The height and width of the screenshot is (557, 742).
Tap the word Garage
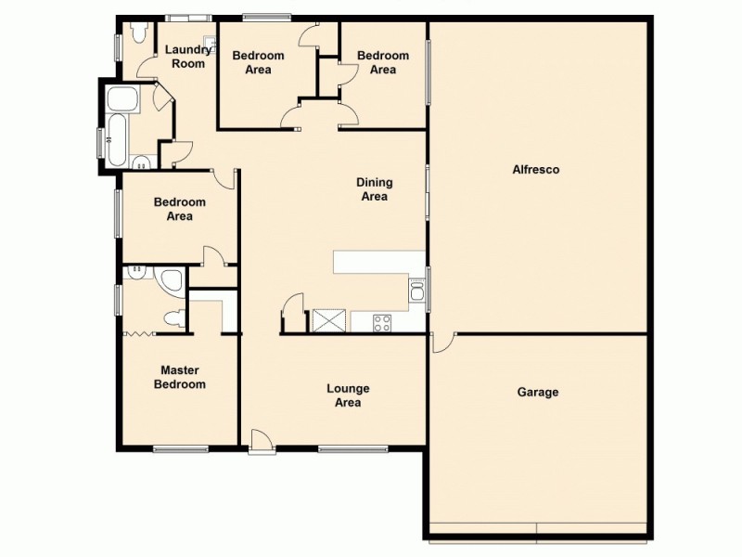[538, 392]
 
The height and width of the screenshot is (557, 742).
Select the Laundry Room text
[187, 57]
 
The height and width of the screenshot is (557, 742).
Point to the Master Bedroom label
[180, 376]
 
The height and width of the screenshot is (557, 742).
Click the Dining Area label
[375, 189]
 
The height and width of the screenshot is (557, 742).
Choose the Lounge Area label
[349, 395]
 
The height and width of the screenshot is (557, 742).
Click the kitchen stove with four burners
[381, 322]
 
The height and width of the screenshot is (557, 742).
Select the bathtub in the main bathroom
[121, 140]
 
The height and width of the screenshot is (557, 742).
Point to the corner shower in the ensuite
[171, 280]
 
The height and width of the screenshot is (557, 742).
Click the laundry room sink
[211, 42]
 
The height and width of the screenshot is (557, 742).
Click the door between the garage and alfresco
[443, 343]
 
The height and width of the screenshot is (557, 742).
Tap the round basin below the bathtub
[142, 164]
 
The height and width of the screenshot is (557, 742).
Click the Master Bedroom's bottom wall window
[181, 449]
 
